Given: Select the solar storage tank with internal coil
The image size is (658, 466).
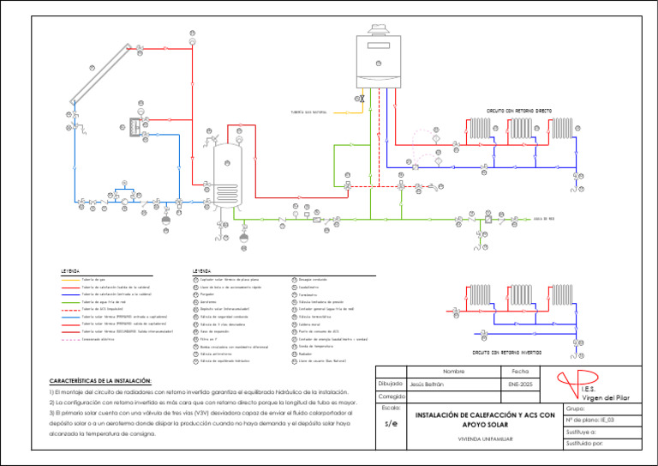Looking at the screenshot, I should [226, 177].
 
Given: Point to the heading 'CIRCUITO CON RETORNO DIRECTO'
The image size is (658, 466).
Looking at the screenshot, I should [518, 111].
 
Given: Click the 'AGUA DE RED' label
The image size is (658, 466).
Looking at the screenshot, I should [544, 219].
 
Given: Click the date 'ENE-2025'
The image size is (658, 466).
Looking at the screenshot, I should [519, 384].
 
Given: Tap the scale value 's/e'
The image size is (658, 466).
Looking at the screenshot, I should [391, 424].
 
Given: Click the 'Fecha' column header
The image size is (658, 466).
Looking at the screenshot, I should [519, 371].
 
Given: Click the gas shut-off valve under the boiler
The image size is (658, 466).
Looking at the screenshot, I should [364, 100].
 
